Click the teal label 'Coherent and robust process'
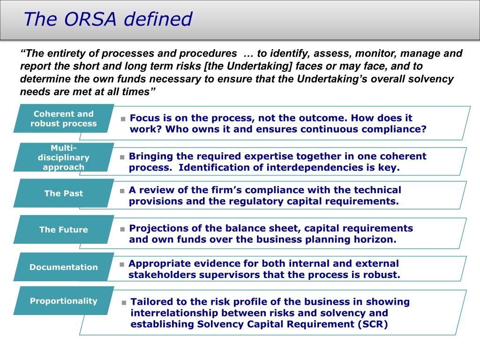coord(63,119)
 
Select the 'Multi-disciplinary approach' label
coord(63,157)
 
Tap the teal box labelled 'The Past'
coord(63,193)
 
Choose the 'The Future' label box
coord(63,230)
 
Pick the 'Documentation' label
coord(63,267)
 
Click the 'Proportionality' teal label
coord(63,301)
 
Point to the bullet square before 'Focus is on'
coord(123,119)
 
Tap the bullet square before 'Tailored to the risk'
coord(124,303)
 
